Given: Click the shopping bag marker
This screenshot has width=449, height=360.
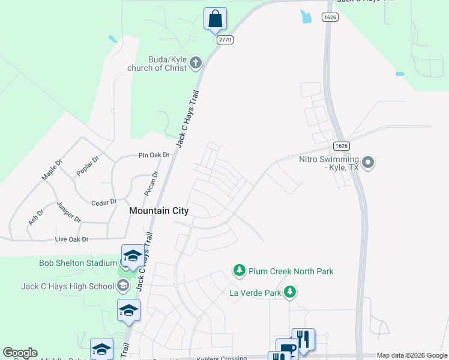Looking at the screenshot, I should [x=215, y=19].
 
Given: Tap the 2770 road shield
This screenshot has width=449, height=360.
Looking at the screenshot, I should [x=225, y=40].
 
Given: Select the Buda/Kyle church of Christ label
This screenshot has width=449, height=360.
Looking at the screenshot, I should [x=157, y=64].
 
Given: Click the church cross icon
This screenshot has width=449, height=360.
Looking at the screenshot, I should [x=196, y=62].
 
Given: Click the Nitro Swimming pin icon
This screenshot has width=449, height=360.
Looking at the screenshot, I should [x=369, y=162].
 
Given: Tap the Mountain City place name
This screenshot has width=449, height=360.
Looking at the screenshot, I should [x=159, y=211].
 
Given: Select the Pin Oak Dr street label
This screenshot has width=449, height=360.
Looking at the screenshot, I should [x=154, y=155].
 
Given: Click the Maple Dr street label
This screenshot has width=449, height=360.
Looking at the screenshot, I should [x=52, y=169].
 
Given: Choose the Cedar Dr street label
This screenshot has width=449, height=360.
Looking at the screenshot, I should [x=103, y=203].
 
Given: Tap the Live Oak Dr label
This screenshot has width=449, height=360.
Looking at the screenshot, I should [x=71, y=239].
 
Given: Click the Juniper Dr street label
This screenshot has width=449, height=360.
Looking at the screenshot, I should [x=68, y=211].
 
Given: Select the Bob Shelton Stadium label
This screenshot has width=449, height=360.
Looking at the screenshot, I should [x=78, y=263].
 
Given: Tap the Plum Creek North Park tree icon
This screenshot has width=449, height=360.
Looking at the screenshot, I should [x=240, y=271].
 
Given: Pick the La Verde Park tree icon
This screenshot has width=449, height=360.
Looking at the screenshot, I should [x=291, y=292].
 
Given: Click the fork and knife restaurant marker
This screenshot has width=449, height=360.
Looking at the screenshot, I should [x=303, y=340].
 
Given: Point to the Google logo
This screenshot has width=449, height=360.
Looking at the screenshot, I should [x=20, y=353].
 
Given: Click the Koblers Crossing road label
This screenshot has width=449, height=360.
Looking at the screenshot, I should [x=221, y=358].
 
